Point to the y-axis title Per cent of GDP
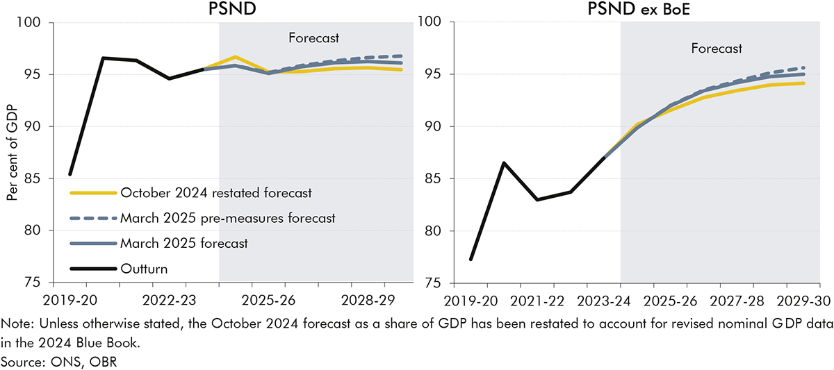13,153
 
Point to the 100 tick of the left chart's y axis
33,23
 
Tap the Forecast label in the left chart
314,37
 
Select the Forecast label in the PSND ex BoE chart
717,49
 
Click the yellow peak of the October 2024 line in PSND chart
236,57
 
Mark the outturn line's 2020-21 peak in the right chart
504,163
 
